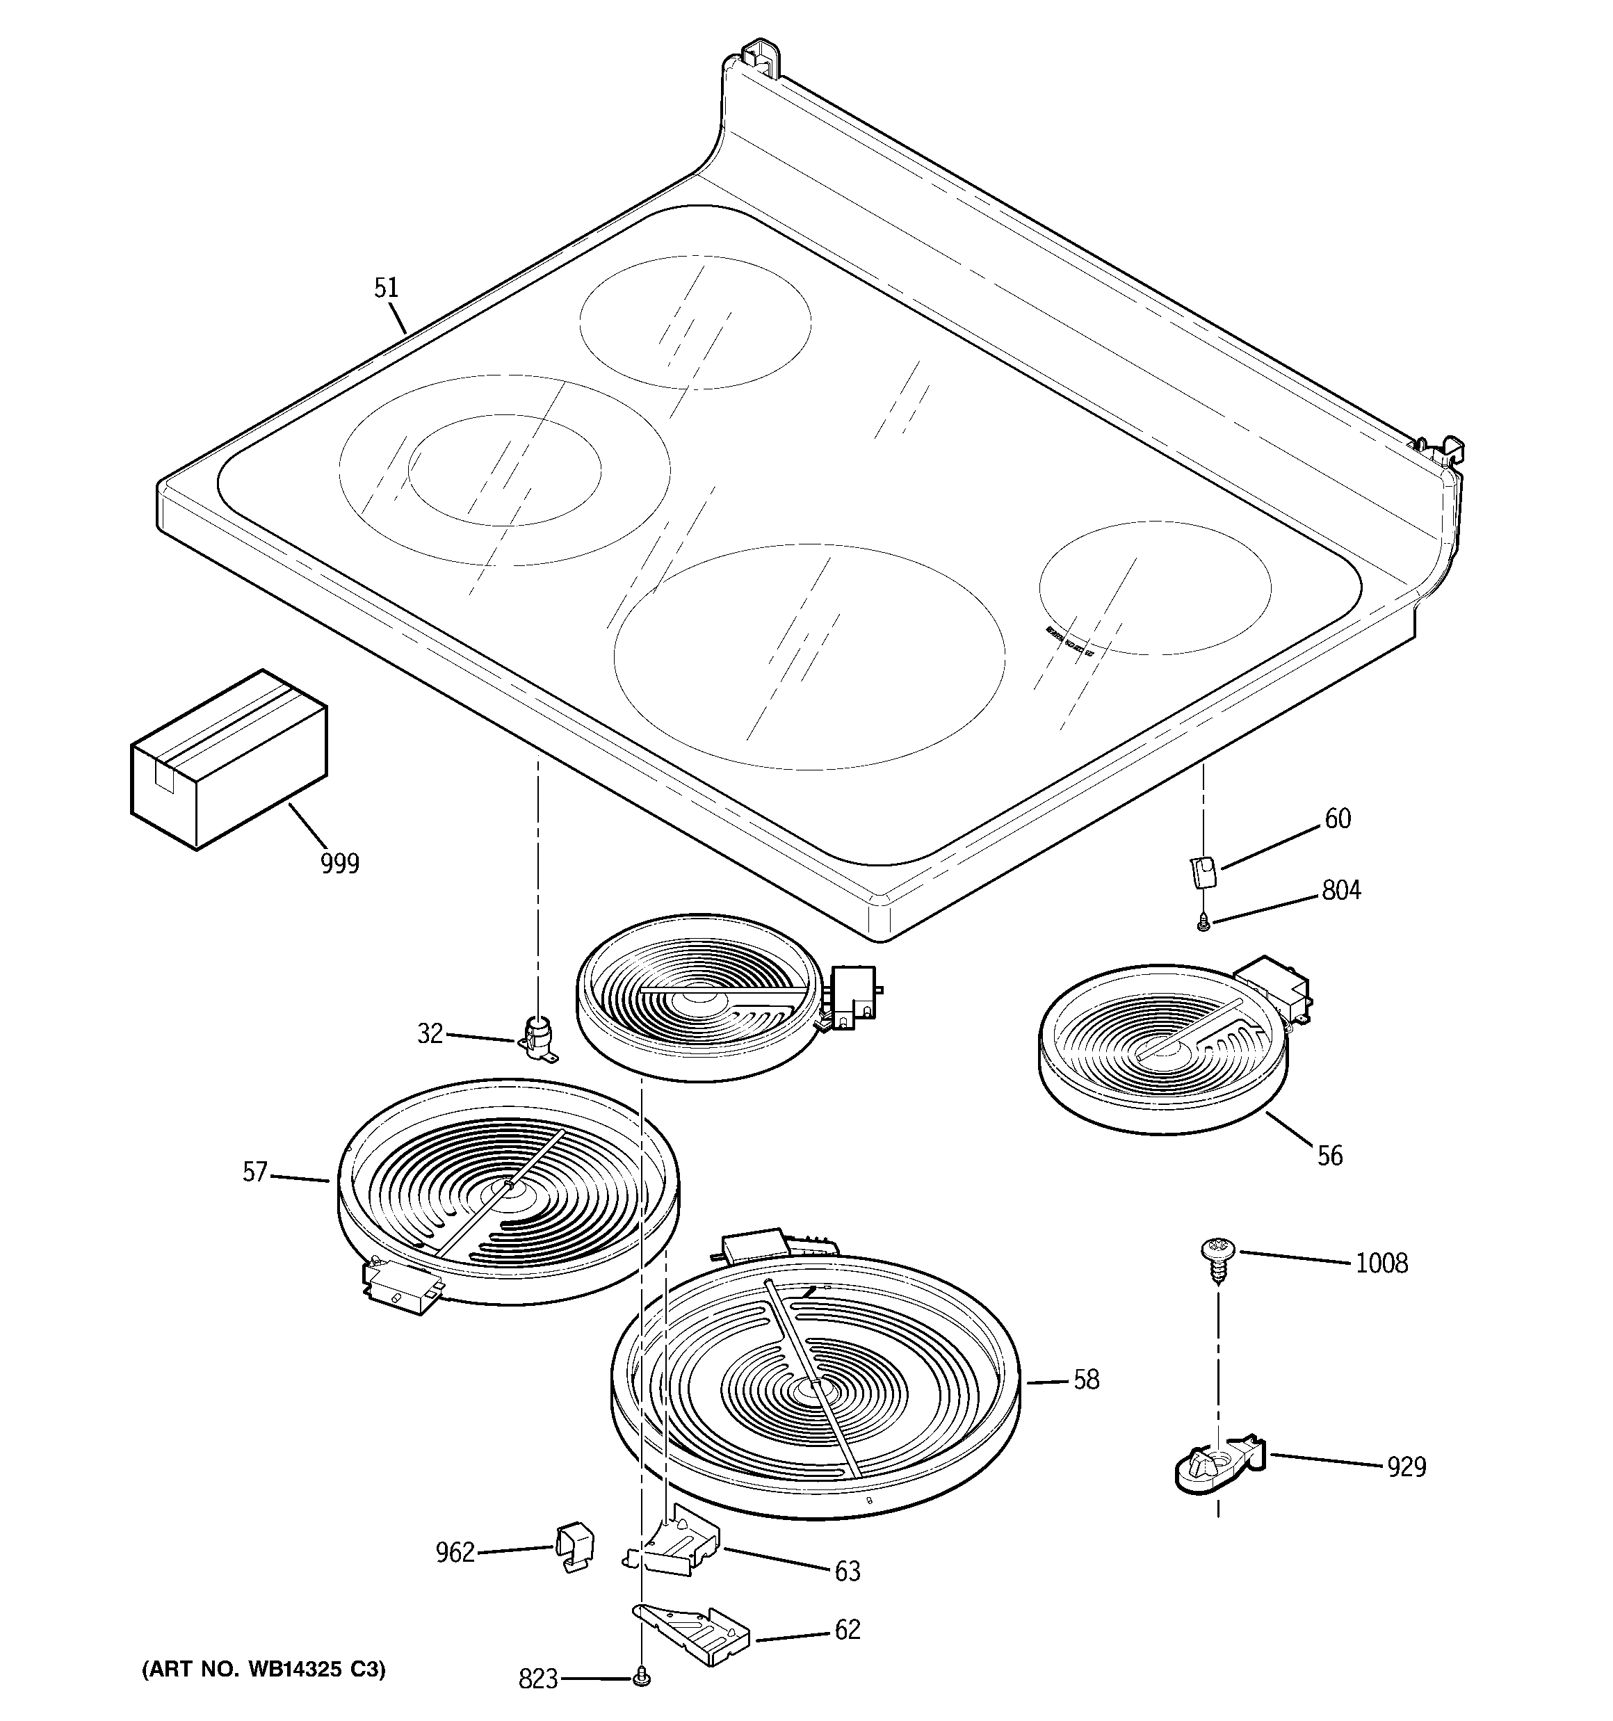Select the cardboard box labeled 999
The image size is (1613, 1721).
click(x=229, y=760)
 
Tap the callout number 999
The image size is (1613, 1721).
click(x=339, y=863)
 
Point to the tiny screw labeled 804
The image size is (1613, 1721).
click(x=1203, y=926)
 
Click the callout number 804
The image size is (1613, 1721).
click(x=1340, y=890)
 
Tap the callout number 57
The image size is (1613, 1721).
click(x=254, y=1173)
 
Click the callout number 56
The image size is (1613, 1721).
click(x=1330, y=1155)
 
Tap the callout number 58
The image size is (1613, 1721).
click(x=1086, y=1380)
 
